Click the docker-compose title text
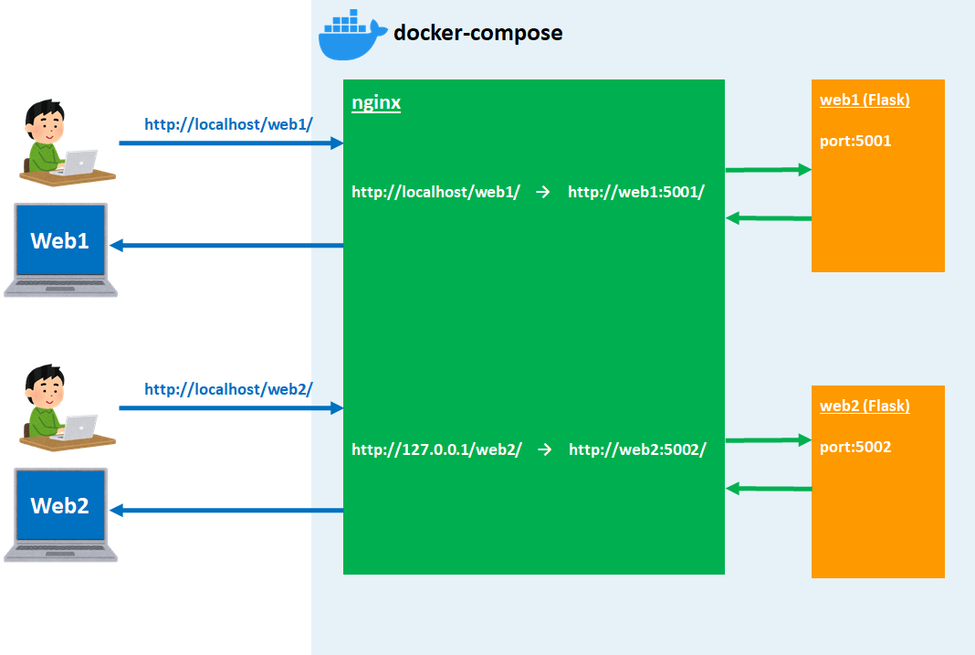pos(477,34)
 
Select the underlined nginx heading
pos(376,102)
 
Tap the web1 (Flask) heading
pos(865,100)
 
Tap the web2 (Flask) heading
pos(865,406)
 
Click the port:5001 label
pos(855,142)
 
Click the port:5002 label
pos(855,447)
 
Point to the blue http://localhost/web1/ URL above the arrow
pos(228,124)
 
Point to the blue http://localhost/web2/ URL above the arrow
pos(228,389)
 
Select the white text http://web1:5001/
pos(636,192)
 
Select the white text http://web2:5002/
pos(637,449)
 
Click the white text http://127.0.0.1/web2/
pos(436,449)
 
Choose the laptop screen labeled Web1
pos(60,241)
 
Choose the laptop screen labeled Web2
pos(60,505)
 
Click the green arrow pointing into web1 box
pos(768,169)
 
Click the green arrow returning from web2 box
pos(768,489)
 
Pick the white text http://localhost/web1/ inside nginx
pos(435,192)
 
